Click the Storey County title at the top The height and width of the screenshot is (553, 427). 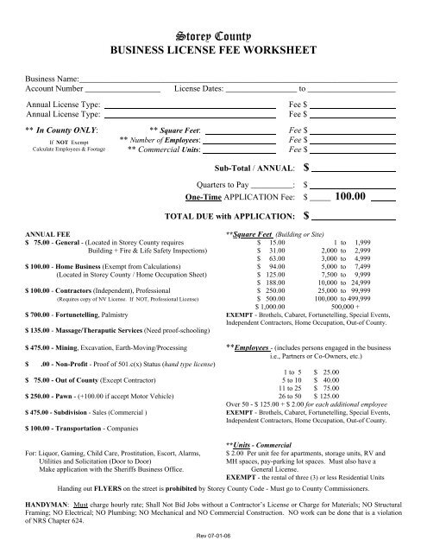tap(213, 36)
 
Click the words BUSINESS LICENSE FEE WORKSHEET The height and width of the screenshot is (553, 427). tap(213, 52)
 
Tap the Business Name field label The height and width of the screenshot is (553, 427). tap(53, 79)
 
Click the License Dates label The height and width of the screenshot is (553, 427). tap(198, 89)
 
